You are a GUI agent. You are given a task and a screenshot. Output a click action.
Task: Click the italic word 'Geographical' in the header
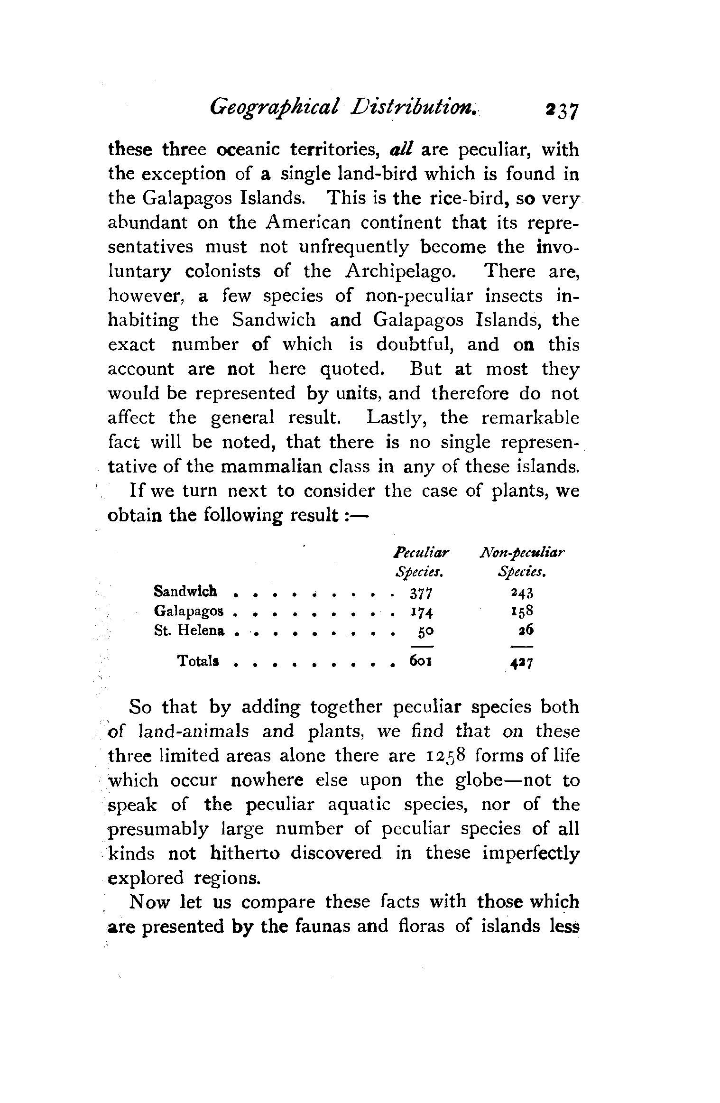(274, 109)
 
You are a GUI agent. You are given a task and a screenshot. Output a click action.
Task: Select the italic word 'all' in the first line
(402, 150)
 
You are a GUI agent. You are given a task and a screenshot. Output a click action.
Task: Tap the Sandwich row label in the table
(185, 591)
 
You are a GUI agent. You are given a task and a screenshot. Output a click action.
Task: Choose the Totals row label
(198, 661)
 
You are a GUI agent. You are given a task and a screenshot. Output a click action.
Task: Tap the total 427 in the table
(522, 663)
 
